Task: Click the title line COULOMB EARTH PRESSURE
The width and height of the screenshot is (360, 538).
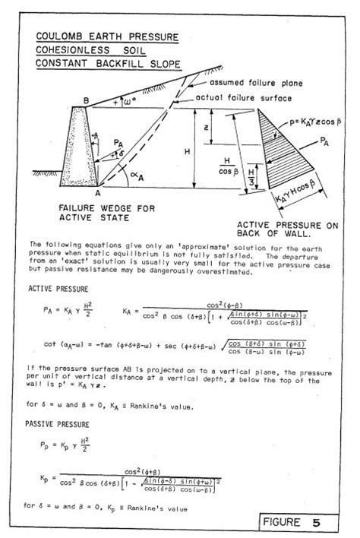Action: tap(107, 36)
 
